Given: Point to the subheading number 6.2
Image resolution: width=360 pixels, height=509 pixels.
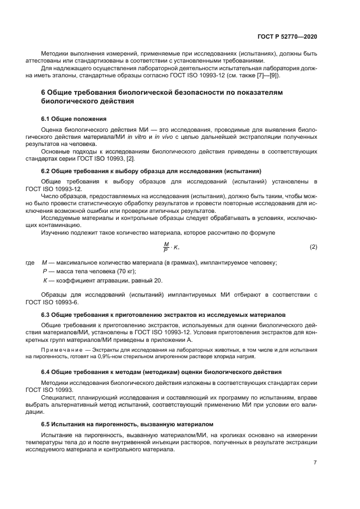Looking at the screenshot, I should click(46, 171).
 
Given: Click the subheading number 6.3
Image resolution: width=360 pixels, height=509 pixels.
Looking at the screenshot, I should click(46, 315).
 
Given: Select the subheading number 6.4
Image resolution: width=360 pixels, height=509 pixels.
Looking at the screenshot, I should click(46, 372).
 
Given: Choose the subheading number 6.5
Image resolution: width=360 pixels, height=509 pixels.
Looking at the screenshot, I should click(46, 424).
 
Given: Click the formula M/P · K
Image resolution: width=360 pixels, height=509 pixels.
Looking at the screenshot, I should click(171, 247).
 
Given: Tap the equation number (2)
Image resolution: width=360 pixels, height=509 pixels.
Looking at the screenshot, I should click(313, 247).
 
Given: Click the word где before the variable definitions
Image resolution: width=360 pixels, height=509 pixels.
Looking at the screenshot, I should click(30, 262).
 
